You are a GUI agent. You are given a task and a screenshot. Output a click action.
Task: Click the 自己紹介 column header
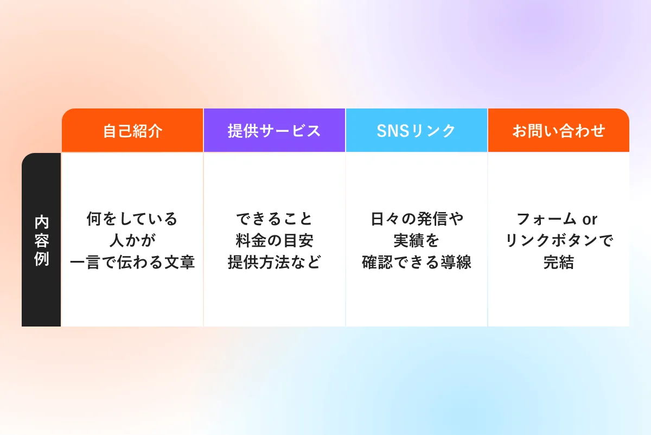point(132,131)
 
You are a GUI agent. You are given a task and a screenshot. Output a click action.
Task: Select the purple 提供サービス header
point(275,131)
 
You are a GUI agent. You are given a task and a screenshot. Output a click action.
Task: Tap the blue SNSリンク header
point(417,131)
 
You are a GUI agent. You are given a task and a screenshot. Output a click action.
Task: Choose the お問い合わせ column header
point(559,131)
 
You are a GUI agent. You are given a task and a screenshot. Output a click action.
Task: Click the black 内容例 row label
point(41,240)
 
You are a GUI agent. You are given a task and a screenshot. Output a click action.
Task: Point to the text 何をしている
point(132,219)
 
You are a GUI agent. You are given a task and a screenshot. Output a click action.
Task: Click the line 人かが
point(132,240)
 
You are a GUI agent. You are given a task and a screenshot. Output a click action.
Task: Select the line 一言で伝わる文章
point(132,262)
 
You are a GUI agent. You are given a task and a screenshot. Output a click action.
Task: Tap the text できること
point(275,219)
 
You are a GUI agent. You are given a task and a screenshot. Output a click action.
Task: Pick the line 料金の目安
point(275,240)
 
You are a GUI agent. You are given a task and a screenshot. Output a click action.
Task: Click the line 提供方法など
point(275,262)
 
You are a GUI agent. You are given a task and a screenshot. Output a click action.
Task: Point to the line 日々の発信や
point(417,219)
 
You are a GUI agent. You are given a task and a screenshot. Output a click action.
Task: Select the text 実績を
point(416,240)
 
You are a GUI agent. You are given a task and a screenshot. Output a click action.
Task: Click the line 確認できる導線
point(417,262)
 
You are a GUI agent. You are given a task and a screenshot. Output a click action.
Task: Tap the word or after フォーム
point(590,220)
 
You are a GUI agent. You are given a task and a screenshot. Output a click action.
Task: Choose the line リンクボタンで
point(559,240)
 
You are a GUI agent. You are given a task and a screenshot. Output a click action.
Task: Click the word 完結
point(559,262)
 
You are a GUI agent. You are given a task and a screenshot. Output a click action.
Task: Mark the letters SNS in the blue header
point(393,131)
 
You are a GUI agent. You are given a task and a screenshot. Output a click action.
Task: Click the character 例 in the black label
point(41,258)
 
